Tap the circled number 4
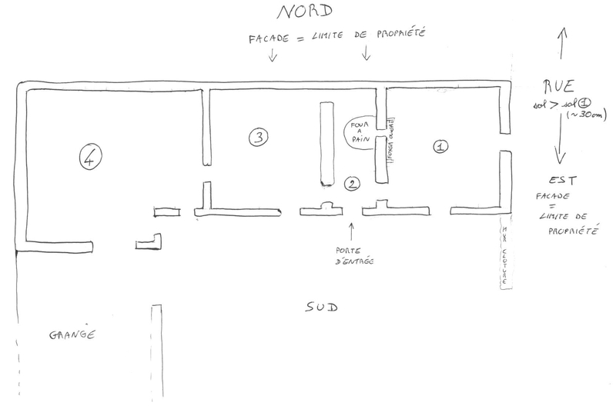tap(91, 158)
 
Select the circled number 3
tap(258, 137)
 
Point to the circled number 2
tap(352, 184)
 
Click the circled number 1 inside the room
tap(441, 145)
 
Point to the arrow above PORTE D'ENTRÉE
tap(352, 228)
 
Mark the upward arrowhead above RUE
tap(562, 32)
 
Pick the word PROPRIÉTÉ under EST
tap(574, 228)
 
